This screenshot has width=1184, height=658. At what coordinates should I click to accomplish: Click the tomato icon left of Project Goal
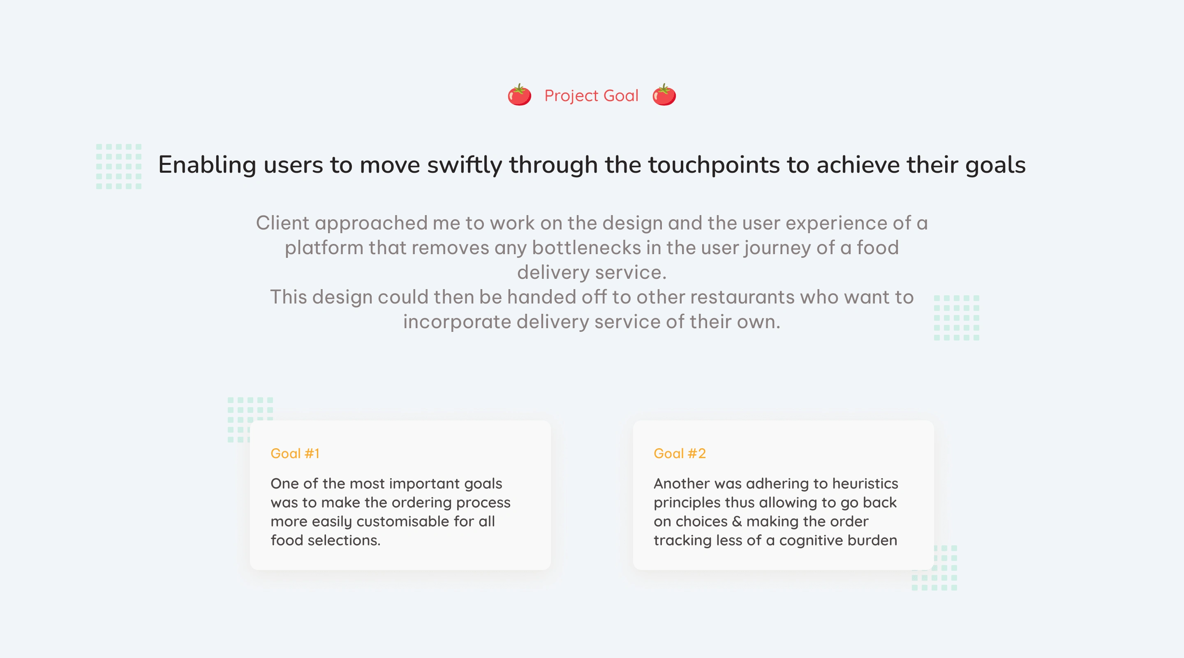point(519,95)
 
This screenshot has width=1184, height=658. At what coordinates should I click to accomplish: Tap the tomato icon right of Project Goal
point(664,95)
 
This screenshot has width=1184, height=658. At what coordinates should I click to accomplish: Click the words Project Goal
point(592,96)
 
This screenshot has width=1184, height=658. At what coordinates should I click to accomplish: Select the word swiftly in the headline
point(464,165)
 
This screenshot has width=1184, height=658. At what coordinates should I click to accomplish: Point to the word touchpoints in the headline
point(713,165)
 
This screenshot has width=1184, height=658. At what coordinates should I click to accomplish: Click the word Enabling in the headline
point(207,165)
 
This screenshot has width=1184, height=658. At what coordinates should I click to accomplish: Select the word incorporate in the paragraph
point(457,322)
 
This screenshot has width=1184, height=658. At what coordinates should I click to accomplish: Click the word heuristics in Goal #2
point(865,483)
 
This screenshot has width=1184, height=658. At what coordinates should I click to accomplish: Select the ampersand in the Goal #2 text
point(737,521)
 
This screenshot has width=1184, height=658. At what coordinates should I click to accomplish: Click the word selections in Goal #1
point(344,540)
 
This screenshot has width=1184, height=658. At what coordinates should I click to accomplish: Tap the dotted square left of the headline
point(118,167)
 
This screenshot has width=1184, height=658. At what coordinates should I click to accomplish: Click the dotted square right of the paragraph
point(957,318)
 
